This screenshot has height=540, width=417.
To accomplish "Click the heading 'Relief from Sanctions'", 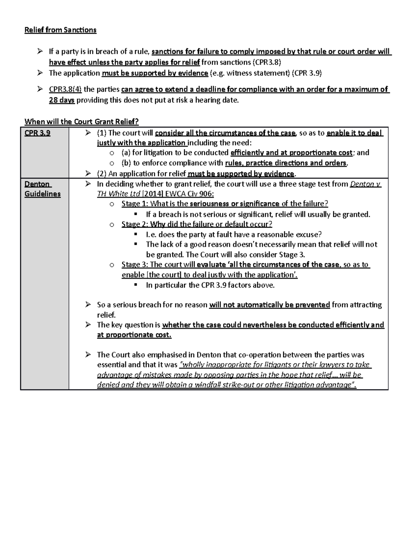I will click(x=60, y=30).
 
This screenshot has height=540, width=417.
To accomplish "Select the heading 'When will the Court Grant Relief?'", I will click(x=81, y=122).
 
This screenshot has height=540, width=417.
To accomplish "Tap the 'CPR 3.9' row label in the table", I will click(x=37, y=133).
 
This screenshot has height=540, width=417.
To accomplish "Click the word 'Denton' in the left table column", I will click(x=37, y=184).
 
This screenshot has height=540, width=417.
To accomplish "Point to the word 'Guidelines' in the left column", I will click(x=42, y=194).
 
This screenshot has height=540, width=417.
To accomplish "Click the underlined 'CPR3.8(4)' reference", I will click(x=65, y=89).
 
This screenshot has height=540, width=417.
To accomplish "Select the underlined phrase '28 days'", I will click(x=62, y=100).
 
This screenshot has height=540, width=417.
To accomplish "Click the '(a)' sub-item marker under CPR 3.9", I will click(x=126, y=153).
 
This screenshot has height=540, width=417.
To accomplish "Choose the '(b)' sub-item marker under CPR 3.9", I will click(x=126, y=163).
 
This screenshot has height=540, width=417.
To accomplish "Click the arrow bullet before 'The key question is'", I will click(x=88, y=325).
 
